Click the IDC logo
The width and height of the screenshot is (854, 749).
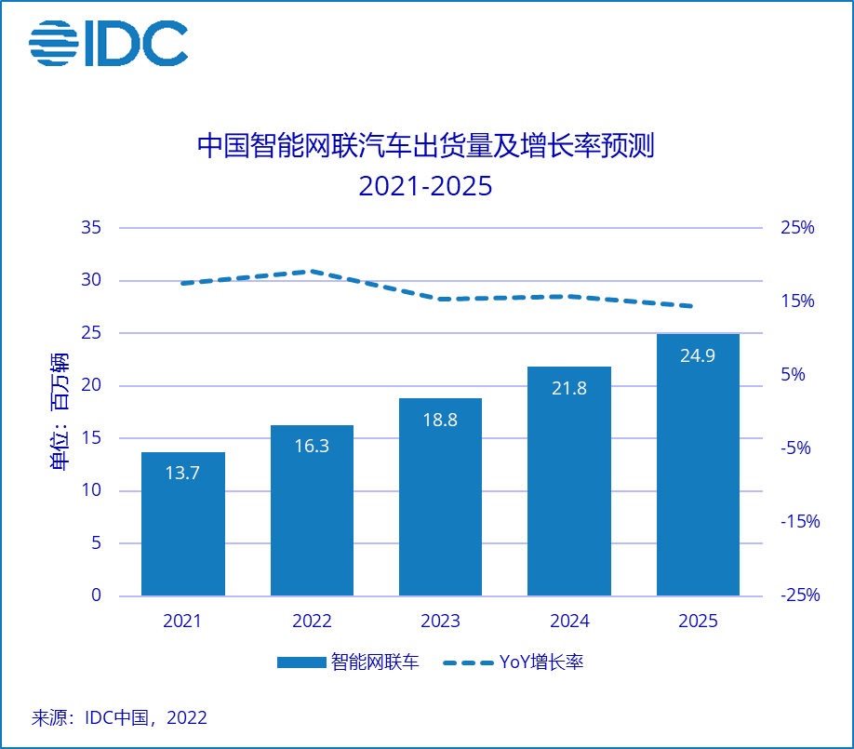click(108, 43)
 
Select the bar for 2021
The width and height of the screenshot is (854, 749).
click(183, 524)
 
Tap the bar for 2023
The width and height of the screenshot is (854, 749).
click(440, 497)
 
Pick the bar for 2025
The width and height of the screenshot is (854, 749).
click(698, 464)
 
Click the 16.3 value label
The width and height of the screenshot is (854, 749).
click(312, 445)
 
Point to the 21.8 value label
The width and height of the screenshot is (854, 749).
click(569, 388)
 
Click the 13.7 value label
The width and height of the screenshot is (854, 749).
click(183, 473)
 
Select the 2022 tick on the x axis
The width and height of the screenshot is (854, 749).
click(312, 622)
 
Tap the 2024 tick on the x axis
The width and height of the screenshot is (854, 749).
click(569, 622)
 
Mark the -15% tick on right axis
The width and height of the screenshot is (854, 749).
click(799, 522)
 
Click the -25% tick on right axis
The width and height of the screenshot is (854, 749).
click(799, 595)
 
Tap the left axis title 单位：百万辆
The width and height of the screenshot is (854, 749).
click(59, 412)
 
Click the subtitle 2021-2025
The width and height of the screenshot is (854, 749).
click(425, 186)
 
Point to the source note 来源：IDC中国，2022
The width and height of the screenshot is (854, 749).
click(120, 717)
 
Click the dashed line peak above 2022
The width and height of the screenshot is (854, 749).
click(312, 272)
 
